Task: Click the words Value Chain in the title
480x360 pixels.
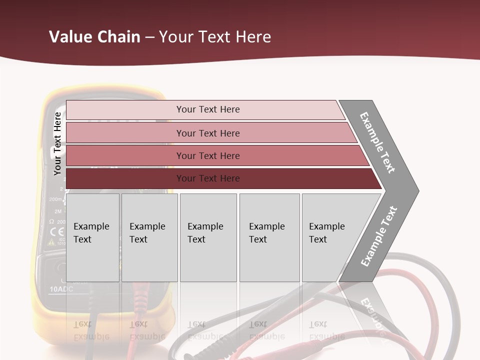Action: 94,37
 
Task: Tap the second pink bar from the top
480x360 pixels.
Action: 207,133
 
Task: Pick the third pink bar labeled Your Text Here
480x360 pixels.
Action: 207,155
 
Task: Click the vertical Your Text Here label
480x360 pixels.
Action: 57,144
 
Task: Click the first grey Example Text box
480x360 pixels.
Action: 92,237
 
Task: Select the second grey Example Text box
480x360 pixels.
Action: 149,237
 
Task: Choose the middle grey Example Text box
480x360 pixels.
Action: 208,237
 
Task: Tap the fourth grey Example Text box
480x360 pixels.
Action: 269,237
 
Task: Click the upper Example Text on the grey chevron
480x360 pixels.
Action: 378,142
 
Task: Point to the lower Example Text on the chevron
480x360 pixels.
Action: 379,236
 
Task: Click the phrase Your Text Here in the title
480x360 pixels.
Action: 215,37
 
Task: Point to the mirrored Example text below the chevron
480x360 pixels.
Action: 372,313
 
